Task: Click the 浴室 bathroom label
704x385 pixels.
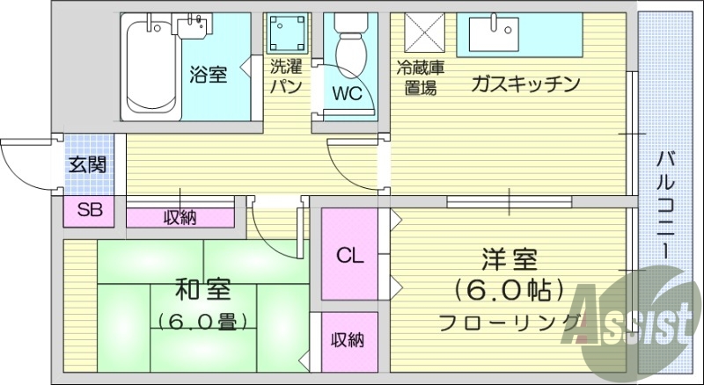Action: point(208,76)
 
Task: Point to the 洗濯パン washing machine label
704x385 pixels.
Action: point(287,75)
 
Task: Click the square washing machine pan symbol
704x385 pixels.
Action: point(287,34)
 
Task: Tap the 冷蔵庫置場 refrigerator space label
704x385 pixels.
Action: point(419,76)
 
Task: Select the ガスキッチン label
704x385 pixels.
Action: point(525,84)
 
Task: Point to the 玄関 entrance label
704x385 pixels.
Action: point(88,163)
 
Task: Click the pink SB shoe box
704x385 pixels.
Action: point(89,210)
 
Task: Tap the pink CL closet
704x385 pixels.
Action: point(350,256)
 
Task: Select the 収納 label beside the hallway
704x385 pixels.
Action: point(180,217)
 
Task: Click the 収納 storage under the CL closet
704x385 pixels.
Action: point(348,340)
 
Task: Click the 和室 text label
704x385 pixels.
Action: point(202,287)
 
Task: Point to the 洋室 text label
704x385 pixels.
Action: point(510,260)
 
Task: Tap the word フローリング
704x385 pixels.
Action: point(510,321)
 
